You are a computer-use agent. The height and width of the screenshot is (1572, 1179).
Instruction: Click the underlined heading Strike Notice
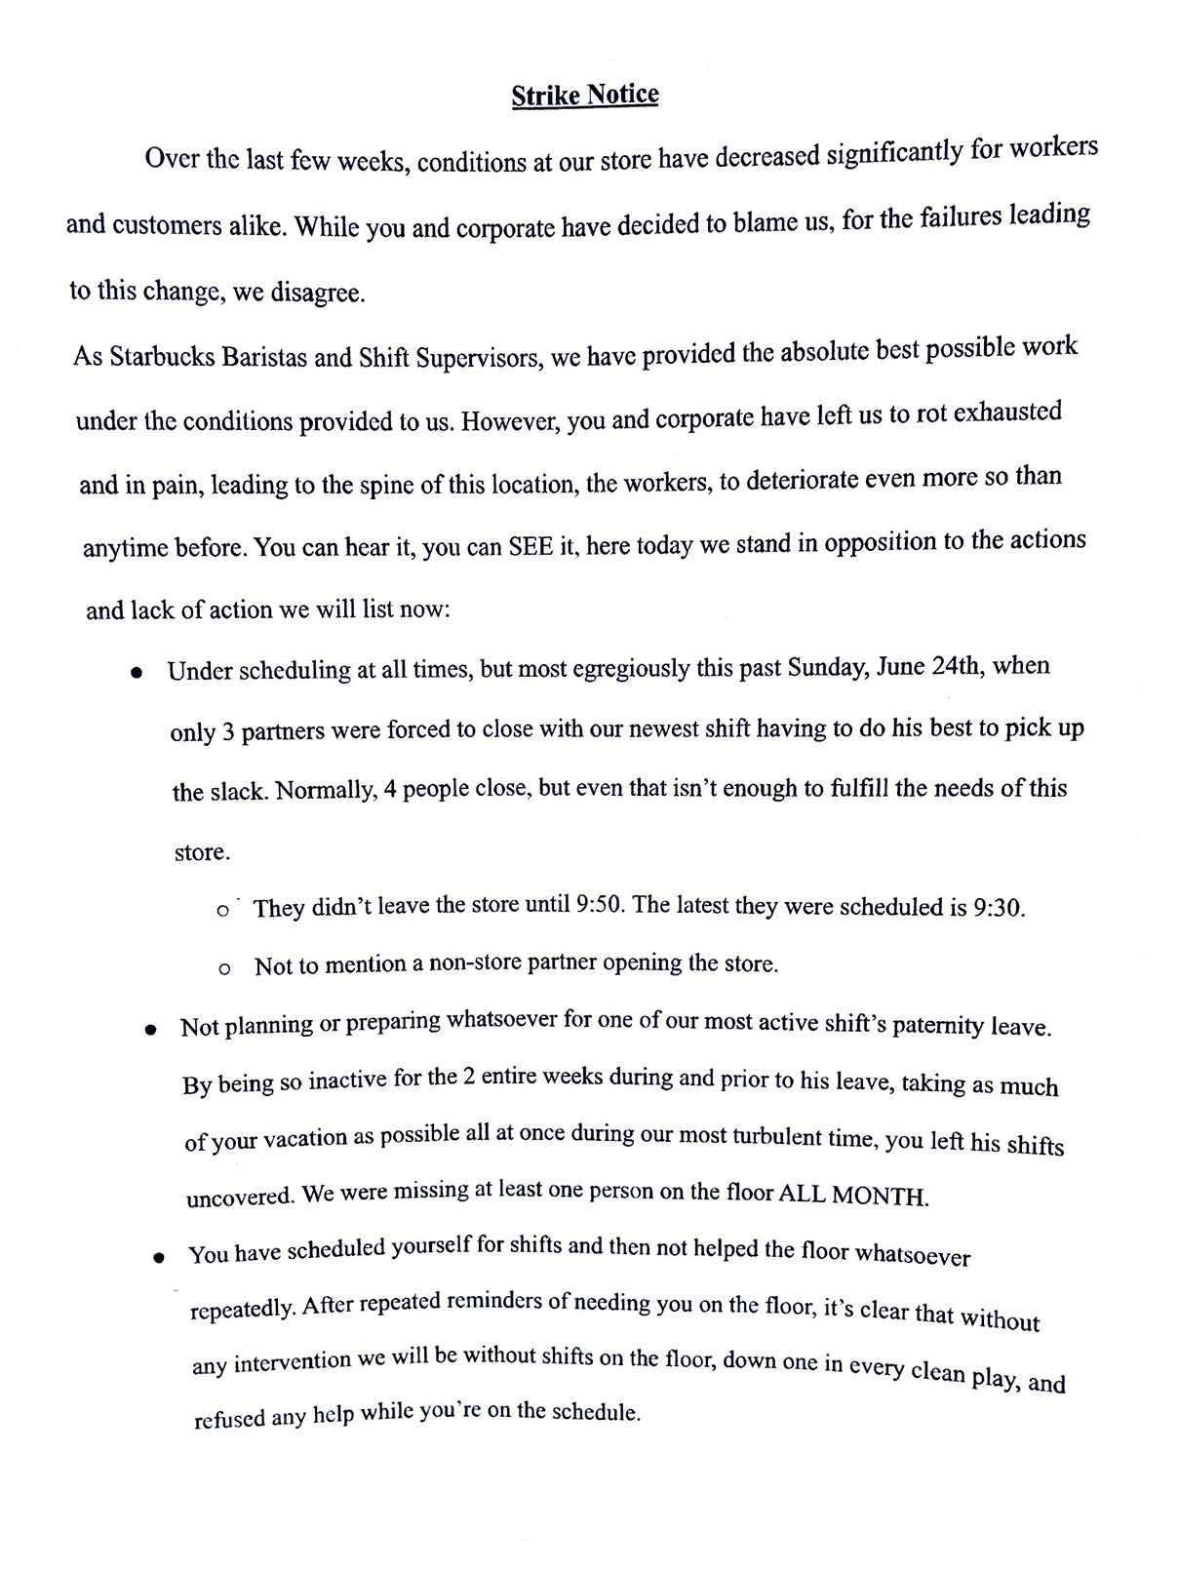(585, 96)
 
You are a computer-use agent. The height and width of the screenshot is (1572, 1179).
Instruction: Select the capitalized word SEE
(531, 545)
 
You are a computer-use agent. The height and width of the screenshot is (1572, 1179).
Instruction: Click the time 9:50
(600, 905)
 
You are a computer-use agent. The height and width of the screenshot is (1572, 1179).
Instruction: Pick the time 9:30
(999, 908)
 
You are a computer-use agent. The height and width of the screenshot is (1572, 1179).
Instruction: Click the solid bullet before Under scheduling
(138, 673)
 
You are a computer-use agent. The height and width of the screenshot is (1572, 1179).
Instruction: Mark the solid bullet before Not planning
(151, 1030)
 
